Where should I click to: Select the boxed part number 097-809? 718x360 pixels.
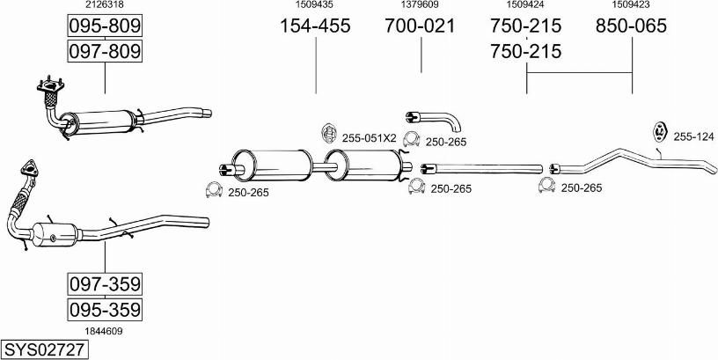[105, 52]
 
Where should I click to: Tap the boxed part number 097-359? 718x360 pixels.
[105, 284]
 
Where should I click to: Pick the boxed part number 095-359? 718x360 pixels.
[105, 310]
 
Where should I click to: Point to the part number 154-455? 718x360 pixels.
[315, 26]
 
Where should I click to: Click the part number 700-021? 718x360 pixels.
[420, 26]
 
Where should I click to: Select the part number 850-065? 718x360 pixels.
[631, 26]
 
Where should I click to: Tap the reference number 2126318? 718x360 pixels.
[104, 5]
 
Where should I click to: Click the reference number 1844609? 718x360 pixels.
[104, 331]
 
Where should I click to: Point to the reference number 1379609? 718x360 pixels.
[420, 5]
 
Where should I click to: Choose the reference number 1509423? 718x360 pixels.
[631, 5]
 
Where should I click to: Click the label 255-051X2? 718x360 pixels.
[370, 137]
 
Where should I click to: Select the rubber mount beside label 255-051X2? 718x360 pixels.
[327, 133]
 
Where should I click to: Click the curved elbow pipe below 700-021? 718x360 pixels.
[432, 120]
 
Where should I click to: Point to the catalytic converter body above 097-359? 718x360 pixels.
[55, 237]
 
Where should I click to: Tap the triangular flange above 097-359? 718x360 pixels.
[29, 169]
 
